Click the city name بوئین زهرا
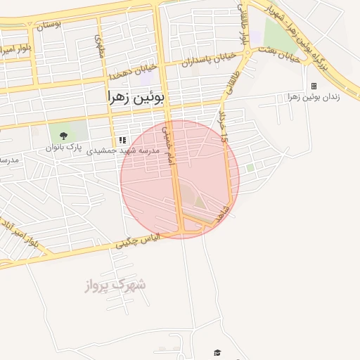136,98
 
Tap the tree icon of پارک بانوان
64,136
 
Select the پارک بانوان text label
64,148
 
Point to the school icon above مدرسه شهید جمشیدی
123,140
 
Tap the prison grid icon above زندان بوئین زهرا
314,86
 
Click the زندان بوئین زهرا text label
314,96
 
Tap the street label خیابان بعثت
279,54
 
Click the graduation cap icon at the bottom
217,352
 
